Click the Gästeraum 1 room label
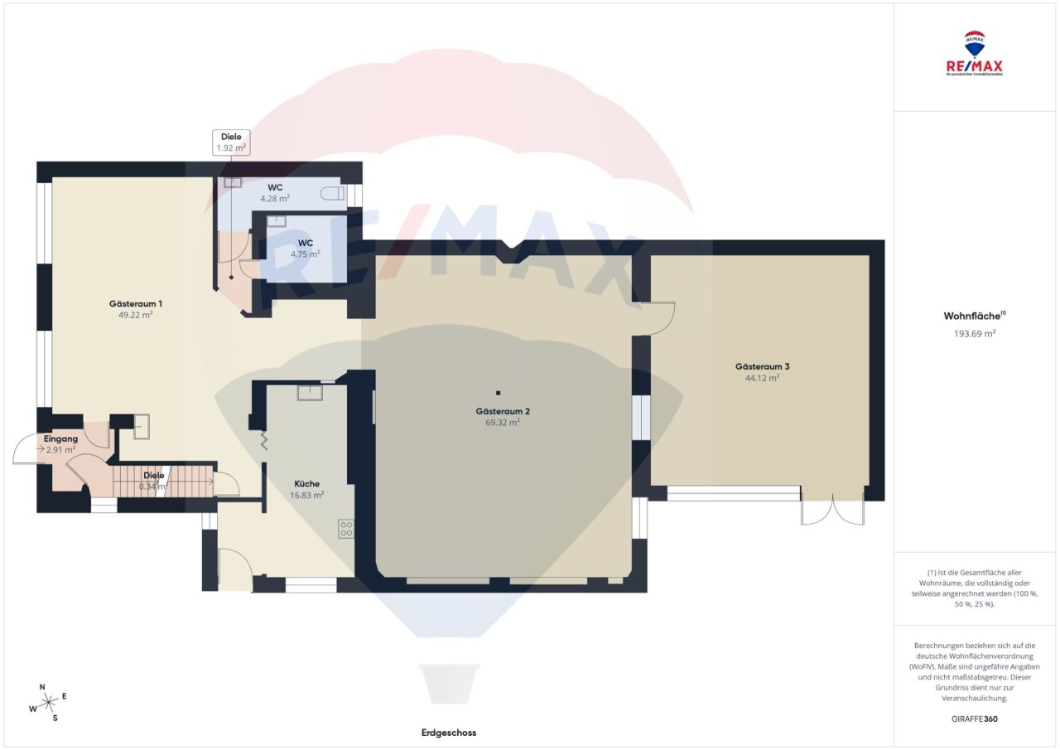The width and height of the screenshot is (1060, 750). pos(136,303)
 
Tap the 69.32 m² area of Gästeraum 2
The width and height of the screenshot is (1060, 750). pos(498,423)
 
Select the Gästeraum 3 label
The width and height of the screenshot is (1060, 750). pos(762,366)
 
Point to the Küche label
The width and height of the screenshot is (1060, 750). pos(306,484)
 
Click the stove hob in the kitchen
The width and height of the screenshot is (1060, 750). pos(346,529)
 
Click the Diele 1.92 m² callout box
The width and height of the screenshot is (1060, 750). pos(231,143)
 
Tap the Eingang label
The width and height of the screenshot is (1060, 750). pos(60,438)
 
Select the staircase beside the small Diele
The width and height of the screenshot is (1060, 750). pos(141,481)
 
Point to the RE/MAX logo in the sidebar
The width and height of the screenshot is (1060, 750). pos(974,54)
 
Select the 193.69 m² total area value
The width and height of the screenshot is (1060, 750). pos(974,333)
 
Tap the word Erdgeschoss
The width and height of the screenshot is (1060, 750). pos(448,733)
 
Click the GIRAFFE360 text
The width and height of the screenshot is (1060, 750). pos(974,719)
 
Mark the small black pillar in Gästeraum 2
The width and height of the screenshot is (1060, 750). pos(499,393)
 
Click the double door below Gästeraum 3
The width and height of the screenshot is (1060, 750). pos(832,508)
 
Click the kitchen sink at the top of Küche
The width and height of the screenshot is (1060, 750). pos(310,392)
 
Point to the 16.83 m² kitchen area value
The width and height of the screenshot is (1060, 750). pos(306,495)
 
